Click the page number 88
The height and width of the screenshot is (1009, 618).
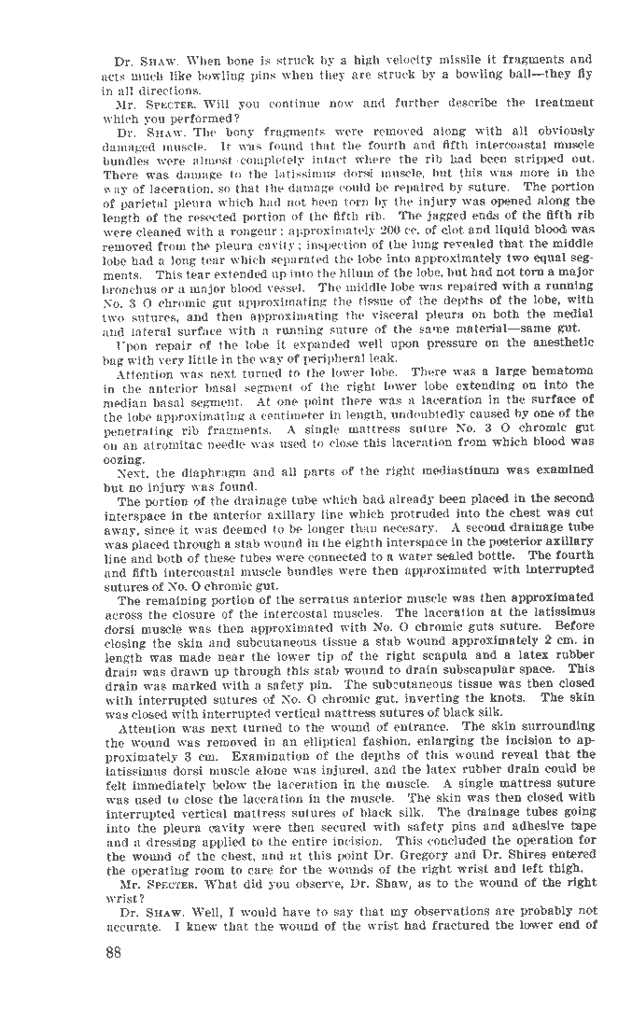click(x=115, y=951)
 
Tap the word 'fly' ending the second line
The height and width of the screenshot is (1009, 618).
click(x=582, y=77)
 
